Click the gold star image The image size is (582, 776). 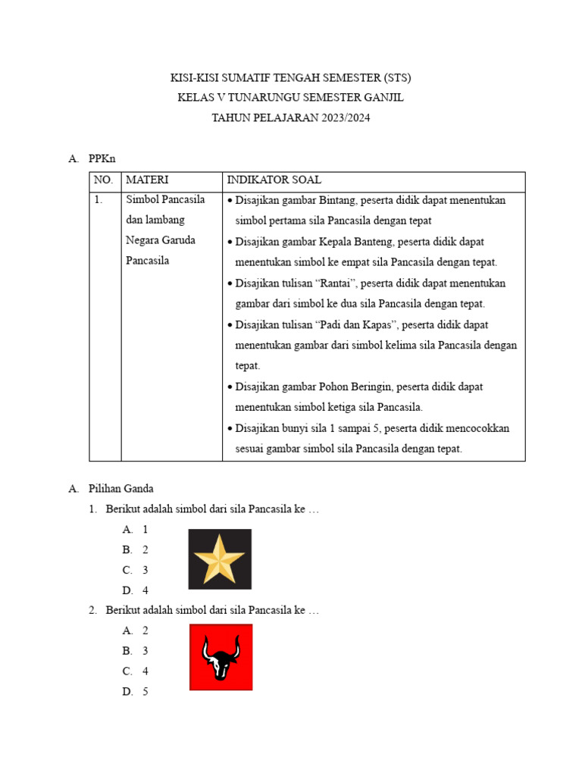[x=220, y=559]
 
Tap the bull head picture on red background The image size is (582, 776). [x=221, y=657]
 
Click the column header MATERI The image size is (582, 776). [x=147, y=180]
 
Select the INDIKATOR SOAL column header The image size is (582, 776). [x=274, y=180]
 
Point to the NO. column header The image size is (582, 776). [x=104, y=180]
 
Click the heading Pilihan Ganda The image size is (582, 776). [x=121, y=489]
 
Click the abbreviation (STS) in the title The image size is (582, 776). [x=396, y=78]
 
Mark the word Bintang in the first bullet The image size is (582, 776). [x=339, y=201]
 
